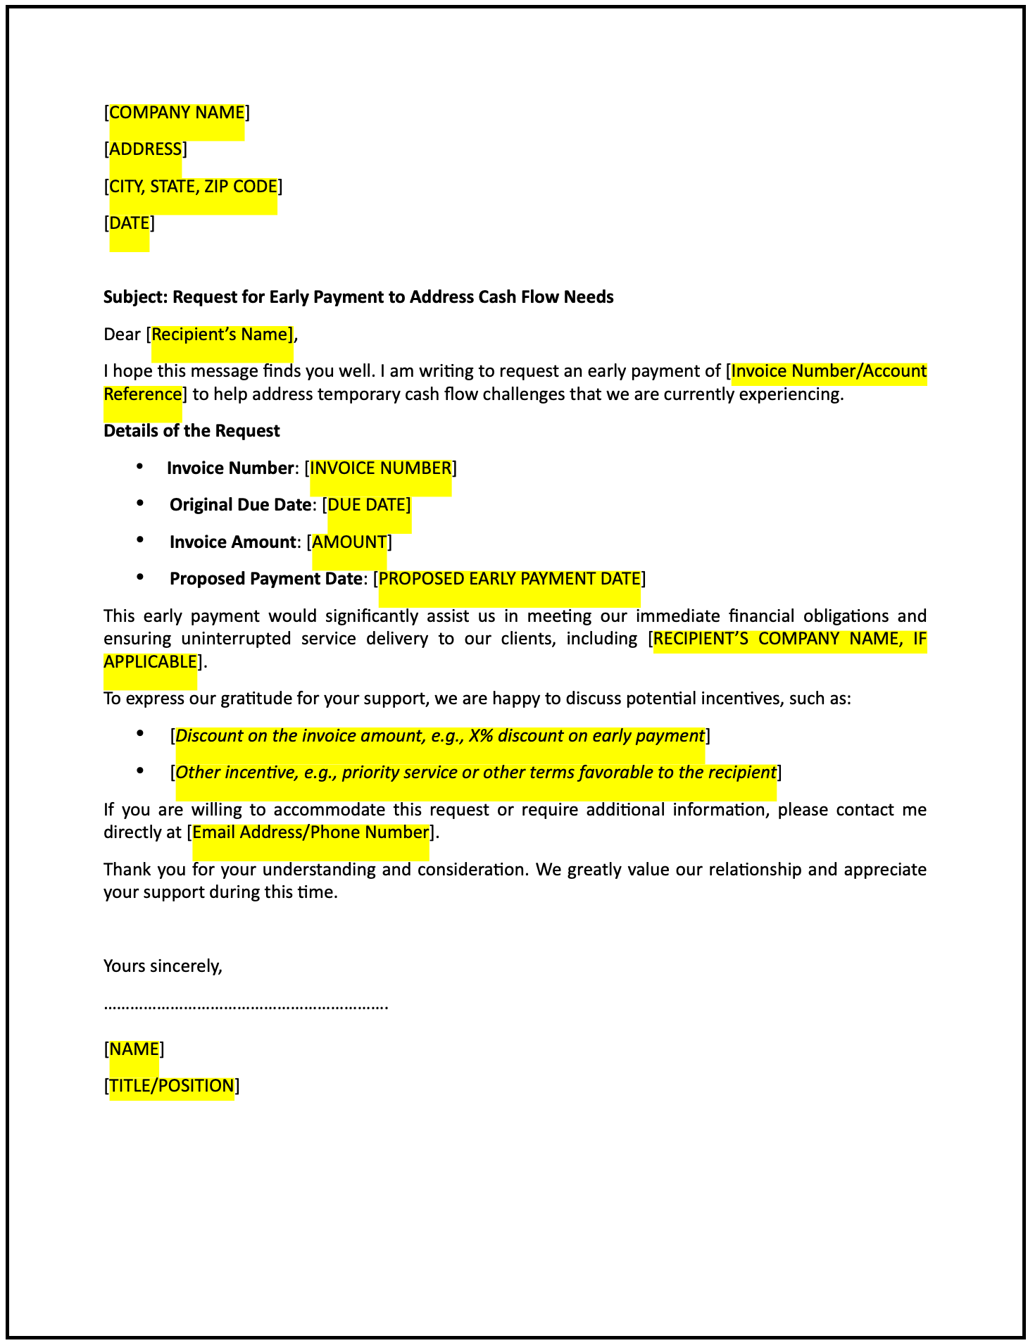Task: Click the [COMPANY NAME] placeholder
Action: tap(177, 113)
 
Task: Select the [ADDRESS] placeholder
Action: tap(145, 149)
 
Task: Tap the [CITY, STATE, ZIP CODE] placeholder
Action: tap(193, 187)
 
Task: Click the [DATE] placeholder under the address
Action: tap(130, 223)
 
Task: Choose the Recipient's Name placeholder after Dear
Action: tap(222, 335)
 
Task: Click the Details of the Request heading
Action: tap(192, 431)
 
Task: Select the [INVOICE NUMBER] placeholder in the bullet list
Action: tap(381, 468)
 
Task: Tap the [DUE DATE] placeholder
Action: tap(369, 505)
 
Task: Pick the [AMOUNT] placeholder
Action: tap(349, 542)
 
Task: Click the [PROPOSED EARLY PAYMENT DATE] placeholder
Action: tap(509, 579)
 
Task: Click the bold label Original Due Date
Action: tap(240, 505)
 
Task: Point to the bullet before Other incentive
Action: tap(141, 771)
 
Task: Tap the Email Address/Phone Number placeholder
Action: tap(311, 832)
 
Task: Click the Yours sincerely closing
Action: tap(163, 966)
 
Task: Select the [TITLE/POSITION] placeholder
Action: tap(172, 1086)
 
